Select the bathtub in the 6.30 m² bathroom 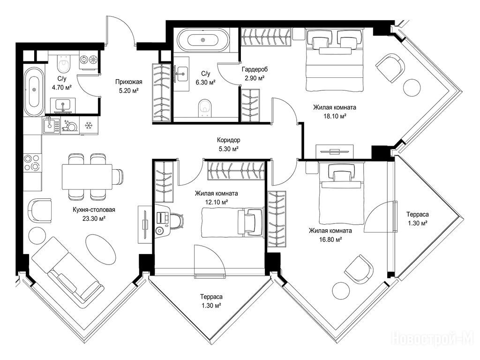point(203,40)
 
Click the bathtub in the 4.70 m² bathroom point(34,91)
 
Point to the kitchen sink point(51,126)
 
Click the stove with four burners point(32,163)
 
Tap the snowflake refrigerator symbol point(89,125)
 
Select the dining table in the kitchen point(87,177)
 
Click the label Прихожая point(128,82)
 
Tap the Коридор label point(228,140)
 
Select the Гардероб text point(255,69)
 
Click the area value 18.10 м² point(335,116)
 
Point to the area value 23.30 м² point(94,218)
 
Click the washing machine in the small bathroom point(89,60)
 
